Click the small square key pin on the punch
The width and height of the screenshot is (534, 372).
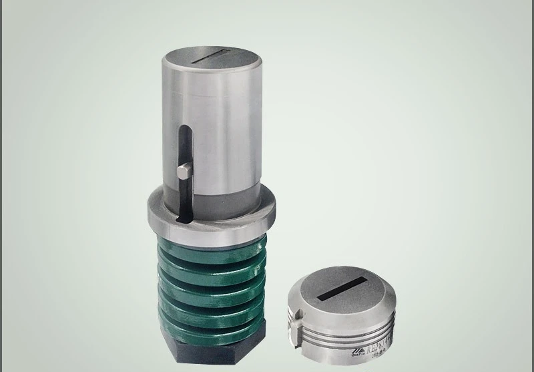(185, 172)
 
